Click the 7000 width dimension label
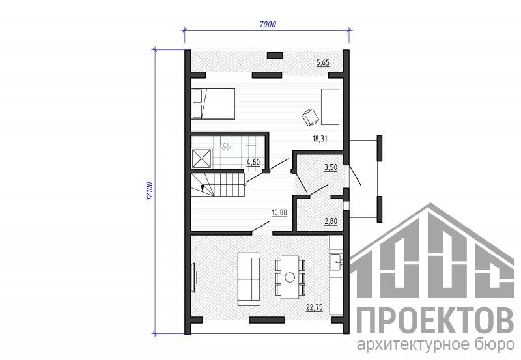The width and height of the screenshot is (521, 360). click(268, 25)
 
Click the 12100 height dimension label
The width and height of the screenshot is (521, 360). click(149, 191)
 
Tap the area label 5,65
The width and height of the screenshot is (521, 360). click(323, 62)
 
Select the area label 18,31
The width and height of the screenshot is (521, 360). click(320, 139)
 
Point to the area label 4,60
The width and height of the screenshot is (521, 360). click(253, 162)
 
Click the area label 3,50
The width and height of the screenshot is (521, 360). click(331, 167)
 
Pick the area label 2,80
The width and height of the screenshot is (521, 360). click(331, 221)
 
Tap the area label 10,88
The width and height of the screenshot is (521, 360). click(279, 212)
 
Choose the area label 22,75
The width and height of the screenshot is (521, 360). click(315, 308)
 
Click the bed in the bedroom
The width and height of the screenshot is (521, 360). click(214, 104)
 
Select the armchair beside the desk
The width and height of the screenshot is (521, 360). click(311, 117)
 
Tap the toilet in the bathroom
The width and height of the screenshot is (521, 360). click(226, 143)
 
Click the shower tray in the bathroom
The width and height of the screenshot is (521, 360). click(202, 158)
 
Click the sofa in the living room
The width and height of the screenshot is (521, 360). click(249, 279)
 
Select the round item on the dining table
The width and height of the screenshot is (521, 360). click(290, 277)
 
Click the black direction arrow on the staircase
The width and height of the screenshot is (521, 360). click(203, 187)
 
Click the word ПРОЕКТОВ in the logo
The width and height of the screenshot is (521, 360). click(435, 320)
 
